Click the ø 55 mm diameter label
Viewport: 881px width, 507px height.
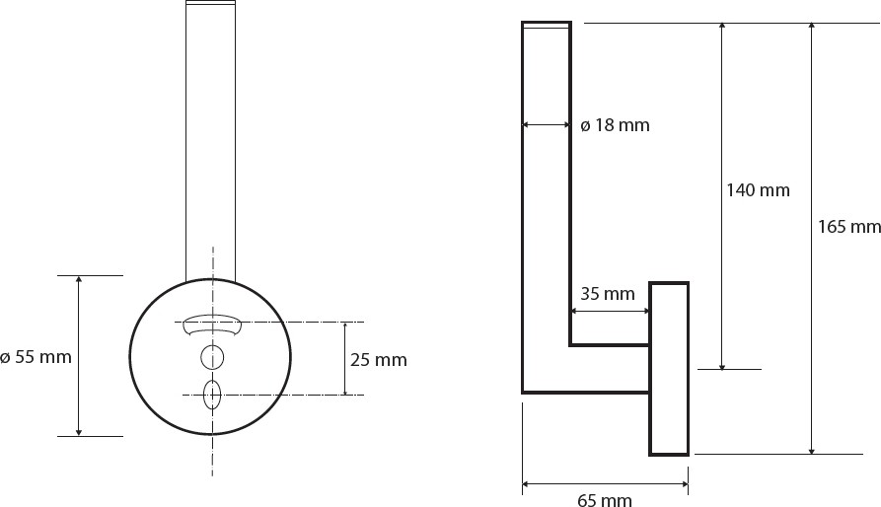click(36, 357)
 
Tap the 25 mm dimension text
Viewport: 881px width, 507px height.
click(379, 360)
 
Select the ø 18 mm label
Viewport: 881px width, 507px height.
click(615, 125)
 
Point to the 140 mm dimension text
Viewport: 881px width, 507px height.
click(758, 190)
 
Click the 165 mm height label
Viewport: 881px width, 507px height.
click(849, 227)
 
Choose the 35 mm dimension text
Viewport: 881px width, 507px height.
click(608, 294)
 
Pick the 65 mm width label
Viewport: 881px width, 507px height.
click(605, 499)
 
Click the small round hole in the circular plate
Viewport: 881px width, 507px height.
click(212, 357)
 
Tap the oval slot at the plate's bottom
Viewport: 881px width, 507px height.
click(212, 396)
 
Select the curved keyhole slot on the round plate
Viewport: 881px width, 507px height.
click(212, 323)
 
